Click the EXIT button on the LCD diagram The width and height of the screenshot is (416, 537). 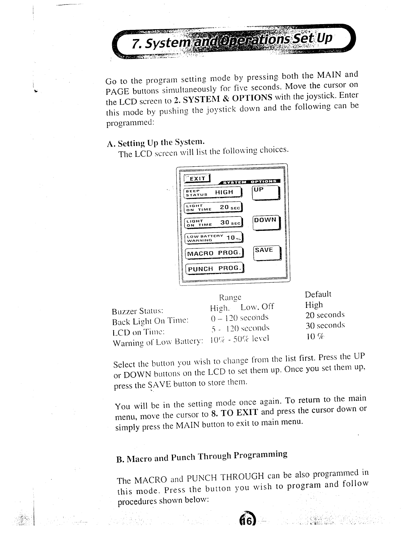[x=197, y=179]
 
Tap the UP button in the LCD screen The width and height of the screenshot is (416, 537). [x=266, y=194]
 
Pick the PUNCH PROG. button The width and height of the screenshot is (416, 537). [x=214, y=268]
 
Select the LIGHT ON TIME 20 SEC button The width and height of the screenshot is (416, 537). [x=212, y=207]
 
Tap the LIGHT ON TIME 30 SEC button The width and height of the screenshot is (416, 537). [x=212, y=223]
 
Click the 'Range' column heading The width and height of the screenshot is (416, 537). [x=230, y=297]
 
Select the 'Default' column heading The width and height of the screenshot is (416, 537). [x=318, y=294]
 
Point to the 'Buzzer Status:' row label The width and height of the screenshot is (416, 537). [x=138, y=311]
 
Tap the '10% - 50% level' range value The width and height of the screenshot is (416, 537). [x=240, y=339]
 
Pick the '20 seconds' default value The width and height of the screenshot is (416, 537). [x=325, y=315]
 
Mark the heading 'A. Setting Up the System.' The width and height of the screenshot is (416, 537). [x=156, y=142]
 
